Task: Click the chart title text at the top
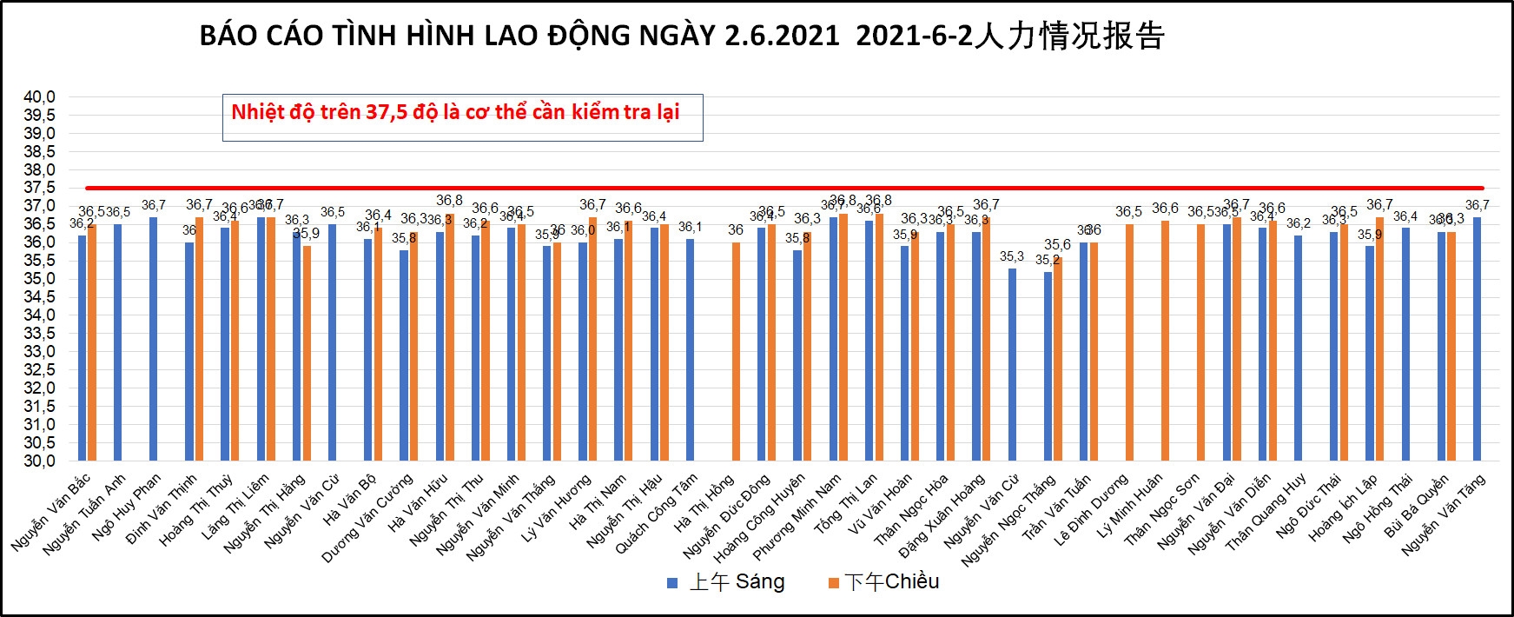681,36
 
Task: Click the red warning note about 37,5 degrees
455,112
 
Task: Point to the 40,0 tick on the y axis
39,96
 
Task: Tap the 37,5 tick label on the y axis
39,188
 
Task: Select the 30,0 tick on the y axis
39,461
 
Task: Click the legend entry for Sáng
726,582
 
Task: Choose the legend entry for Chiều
884,582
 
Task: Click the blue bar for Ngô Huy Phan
154,339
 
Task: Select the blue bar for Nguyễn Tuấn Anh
118,343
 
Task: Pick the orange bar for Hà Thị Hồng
737,352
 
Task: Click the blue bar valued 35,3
1012,365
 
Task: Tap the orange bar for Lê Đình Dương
1129,343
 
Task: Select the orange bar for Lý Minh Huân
1166,341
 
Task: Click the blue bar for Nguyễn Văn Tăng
1477,339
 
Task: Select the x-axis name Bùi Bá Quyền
1418,506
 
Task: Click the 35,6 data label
1057,245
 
